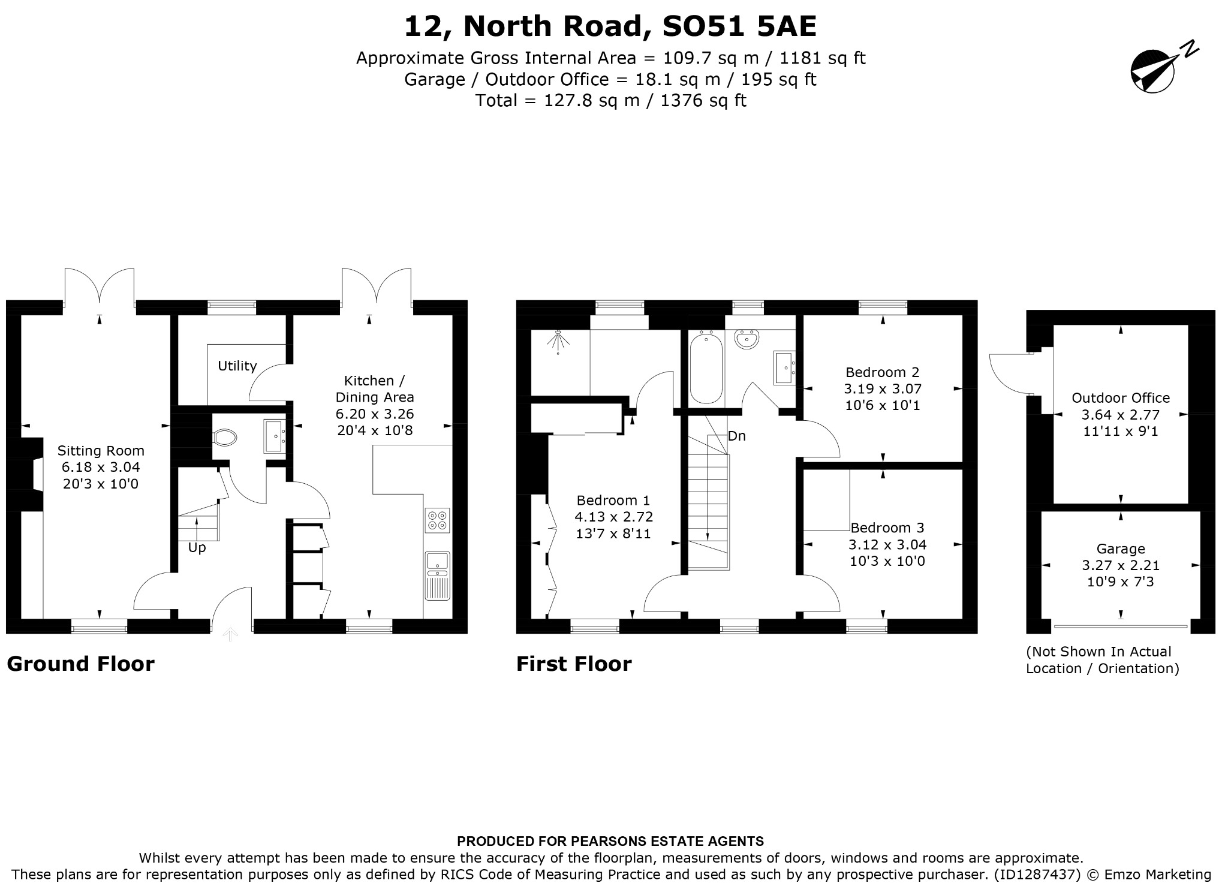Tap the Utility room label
pyautogui.click(x=237, y=366)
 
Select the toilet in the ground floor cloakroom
pyautogui.click(x=224, y=437)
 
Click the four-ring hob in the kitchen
pyautogui.click(x=438, y=520)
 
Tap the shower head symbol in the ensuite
pyautogui.click(x=558, y=341)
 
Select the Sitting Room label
pyautogui.click(x=101, y=451)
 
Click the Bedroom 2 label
pyautogui.click(x=882, y=372)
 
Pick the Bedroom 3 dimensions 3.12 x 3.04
pyautogui.click(x=887, y=544)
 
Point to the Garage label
pyautogui.click(x=1121, y=549)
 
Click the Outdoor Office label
pyautogui.click(x=1121, y=397)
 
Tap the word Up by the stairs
pyautogui.click(x=197, y=547)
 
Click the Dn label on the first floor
pyautogui.click(x=737, y=436)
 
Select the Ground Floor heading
pyautogui.click(x=80, y=664)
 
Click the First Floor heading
pyautogui.click(x=574, y=664)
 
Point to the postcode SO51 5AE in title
pyautogui.click(x=739, y=26)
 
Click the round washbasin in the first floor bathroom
pyautogui.click(x=747, y=339)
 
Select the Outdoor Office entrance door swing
pyautogui.click(x=1010, y=375)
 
